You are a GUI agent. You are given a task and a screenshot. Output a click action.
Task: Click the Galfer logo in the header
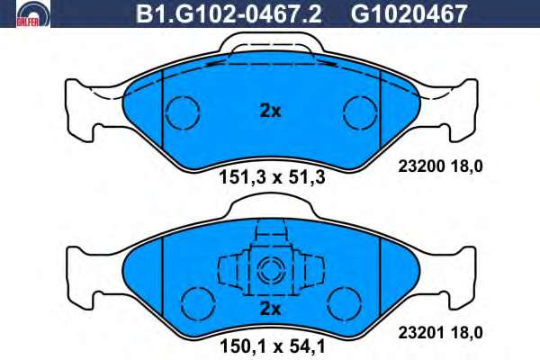pyautogui.click(x=33, y=14)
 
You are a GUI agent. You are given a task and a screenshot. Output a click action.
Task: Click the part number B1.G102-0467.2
pyautogui.click(x=229, y=14)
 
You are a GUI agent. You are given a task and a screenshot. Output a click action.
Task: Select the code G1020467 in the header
pyautogui.click(x=409, y=14)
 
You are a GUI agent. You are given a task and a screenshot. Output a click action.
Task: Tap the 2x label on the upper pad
pyautogui.click(x=270, y=112)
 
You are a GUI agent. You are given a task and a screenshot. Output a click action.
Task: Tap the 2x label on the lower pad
pyautogui.click(x=270, y=309)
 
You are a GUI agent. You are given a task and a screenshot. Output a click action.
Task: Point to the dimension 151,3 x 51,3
pyautogui.click(x=272, y=178)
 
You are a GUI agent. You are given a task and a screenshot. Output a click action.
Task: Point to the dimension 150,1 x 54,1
pyautogui.click(x=272, y=346)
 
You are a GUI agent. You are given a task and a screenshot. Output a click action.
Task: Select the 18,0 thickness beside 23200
pyautogui.click(x=466, y=166)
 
